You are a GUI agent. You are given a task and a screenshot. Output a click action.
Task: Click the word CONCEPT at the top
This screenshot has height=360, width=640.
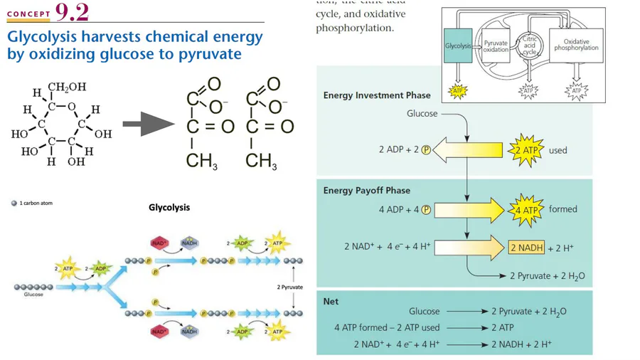click(29, 14)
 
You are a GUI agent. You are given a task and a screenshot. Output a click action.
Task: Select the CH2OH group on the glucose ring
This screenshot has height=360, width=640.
click(67, 87)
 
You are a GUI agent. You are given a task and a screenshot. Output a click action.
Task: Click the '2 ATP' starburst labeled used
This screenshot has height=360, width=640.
click(526, 150)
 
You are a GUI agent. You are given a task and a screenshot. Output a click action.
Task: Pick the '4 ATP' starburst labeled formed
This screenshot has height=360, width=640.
click(526, 209)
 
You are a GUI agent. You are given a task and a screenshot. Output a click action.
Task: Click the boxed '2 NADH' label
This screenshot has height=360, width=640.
click(526, 248)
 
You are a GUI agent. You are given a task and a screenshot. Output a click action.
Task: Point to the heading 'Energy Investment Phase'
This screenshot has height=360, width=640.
click(377, 95)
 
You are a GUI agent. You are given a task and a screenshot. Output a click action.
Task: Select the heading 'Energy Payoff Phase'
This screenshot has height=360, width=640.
click(366, 191)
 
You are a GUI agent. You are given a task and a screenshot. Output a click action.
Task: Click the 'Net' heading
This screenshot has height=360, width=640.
click(331, 302)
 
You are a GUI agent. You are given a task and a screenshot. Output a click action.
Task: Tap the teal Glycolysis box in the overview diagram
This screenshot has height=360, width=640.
click(458, 46)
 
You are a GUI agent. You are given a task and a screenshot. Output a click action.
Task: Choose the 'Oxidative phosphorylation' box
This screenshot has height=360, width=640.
click(576, 46)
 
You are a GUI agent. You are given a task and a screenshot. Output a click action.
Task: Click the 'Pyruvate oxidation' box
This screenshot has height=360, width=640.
click(496, 46)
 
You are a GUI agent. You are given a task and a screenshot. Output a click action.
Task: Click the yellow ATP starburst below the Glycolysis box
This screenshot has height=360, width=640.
click(457, 91)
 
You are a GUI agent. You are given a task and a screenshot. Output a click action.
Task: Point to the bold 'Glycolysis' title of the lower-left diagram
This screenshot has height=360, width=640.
click(169, 208)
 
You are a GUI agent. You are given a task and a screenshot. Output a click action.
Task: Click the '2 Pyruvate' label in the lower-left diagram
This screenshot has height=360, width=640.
click(289, 287)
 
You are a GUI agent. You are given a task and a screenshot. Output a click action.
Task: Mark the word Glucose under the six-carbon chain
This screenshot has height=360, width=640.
click(33, 295)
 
